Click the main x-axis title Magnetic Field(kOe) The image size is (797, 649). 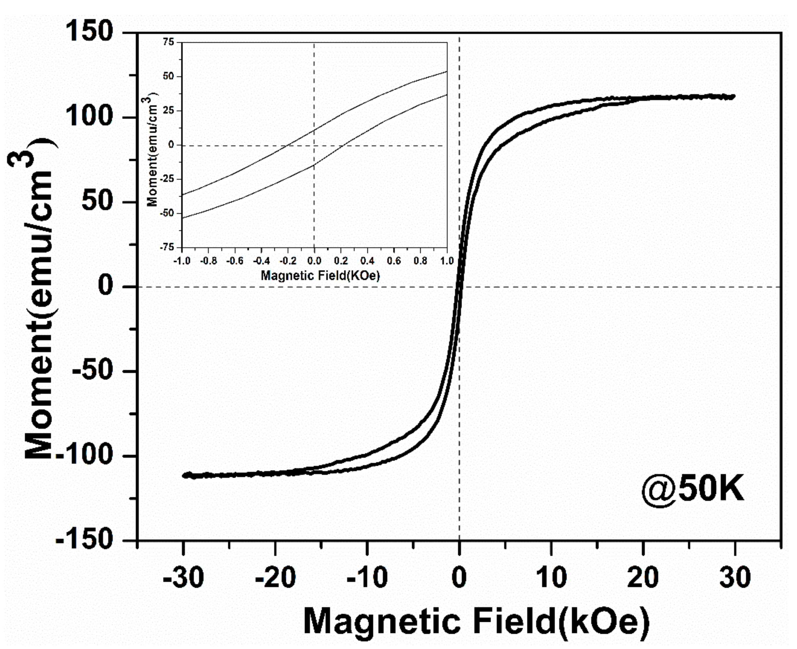point(476,621)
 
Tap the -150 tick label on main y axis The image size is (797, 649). point(84,539)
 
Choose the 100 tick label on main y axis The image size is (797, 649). point(89,116)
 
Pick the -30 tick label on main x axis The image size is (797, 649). point(183,577)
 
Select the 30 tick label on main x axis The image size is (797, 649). point(735,577)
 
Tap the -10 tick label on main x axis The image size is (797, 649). point(367,577)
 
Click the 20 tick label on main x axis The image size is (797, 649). point(643,577)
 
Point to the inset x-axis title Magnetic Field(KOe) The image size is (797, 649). point(320,276)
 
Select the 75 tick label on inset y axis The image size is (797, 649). point(169,42)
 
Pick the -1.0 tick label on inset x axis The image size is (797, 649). point(182,260)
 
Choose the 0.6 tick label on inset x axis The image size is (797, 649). point(394,260)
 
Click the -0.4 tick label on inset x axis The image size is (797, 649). point(261,260)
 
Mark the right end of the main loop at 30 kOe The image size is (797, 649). point(733,97)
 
